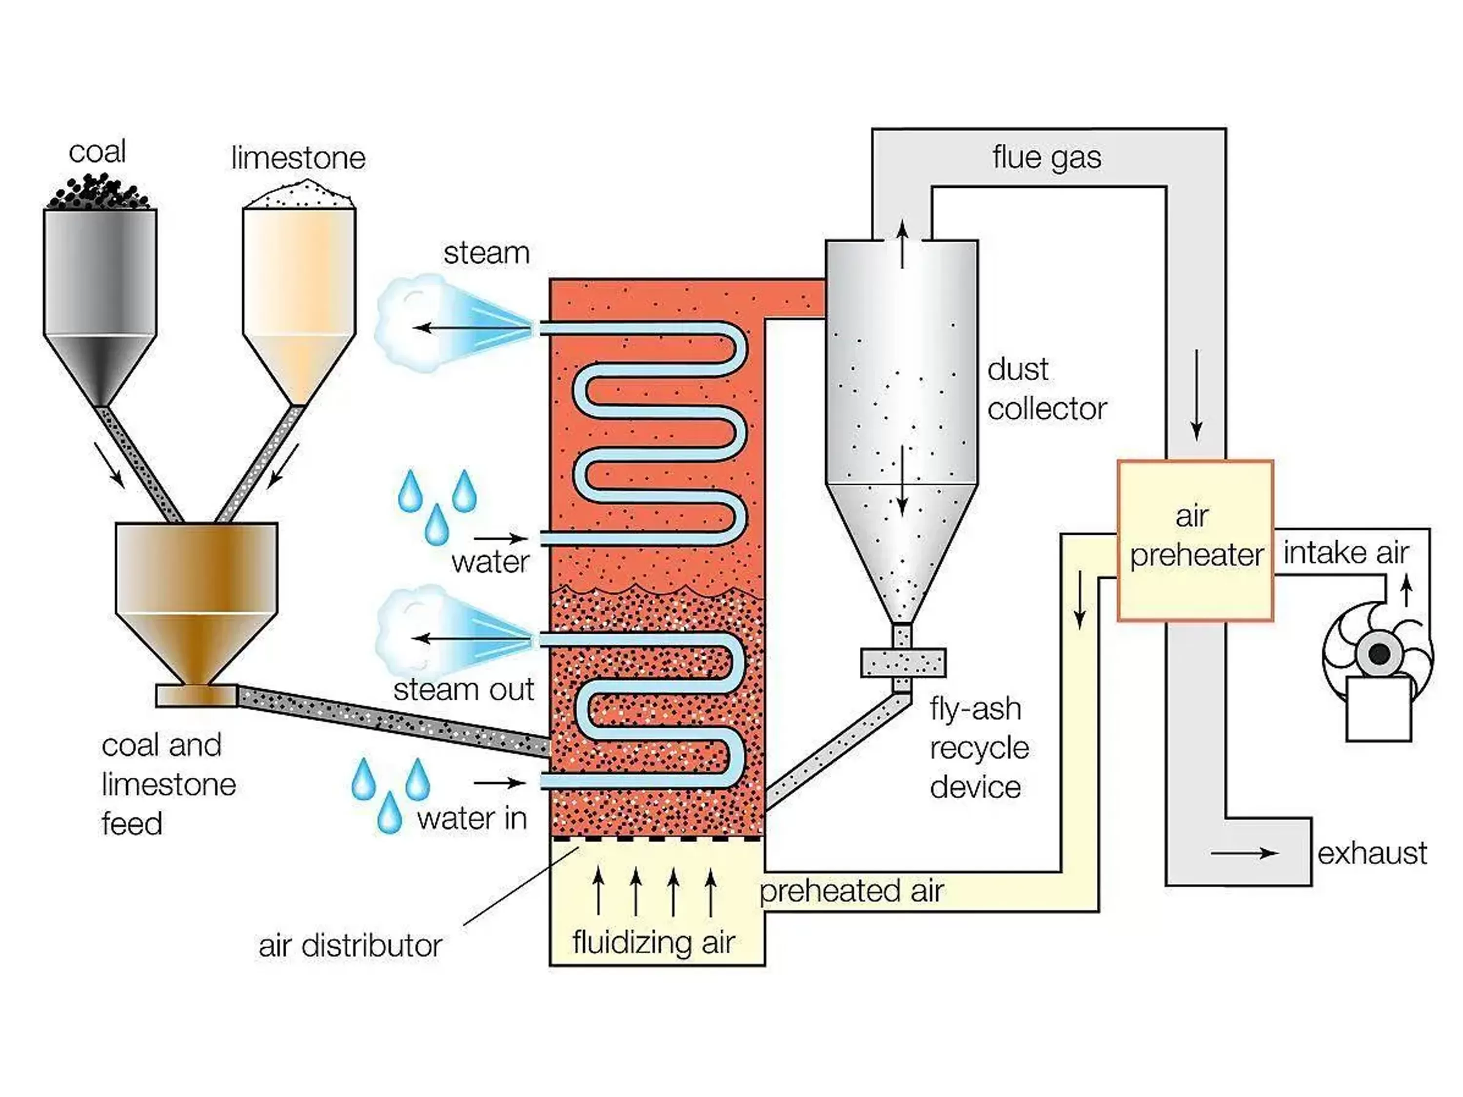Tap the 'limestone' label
pyautogui.click(x=298, y=158)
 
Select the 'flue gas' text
pyautogui.click(x=1047, y=157)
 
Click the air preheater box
pyautogui.click(x=1194, y=540)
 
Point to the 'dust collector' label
pyautogui.click(x=1047, y=390)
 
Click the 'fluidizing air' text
pyautogui.click(x=653, y=942)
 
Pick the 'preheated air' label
pyautogui.click(x=851, y=891)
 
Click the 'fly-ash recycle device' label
pyautogui.click(x=979, y=748)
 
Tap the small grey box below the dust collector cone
pyautogui.click(x=903, y=663)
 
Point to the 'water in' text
pyautogui.click(x=472, y=819)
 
